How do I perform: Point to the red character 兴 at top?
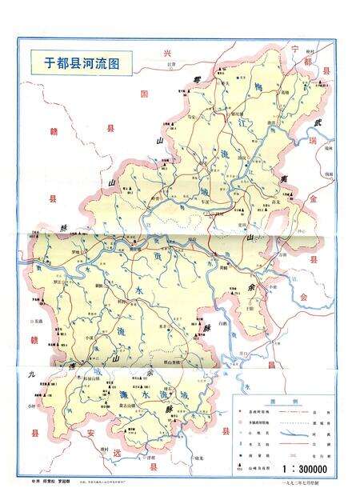(167, 53)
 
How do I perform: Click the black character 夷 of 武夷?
(284, 179)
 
